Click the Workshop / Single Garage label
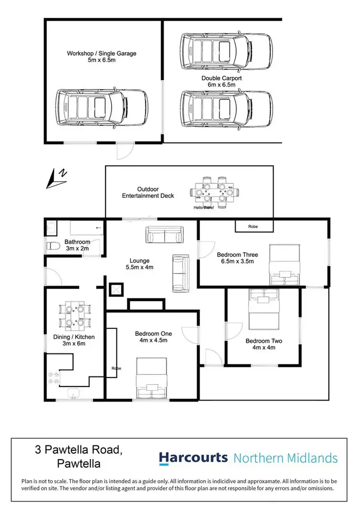101,57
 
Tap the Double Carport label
222,81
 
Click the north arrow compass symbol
57,178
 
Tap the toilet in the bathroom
54,247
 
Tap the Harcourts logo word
193,458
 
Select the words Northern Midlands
286,458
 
